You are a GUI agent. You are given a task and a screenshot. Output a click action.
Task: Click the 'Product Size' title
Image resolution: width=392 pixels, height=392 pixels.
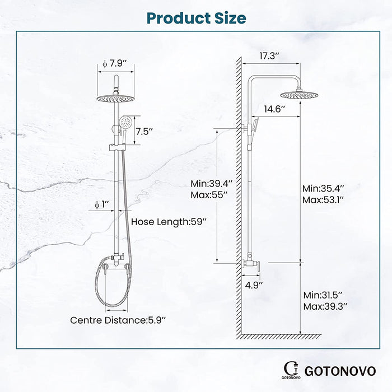point(196,17)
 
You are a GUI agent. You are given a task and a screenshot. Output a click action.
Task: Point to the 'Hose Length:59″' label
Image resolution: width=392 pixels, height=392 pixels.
point(169,222)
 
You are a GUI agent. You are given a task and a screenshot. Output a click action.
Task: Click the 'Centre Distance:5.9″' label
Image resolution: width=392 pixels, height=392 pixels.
point(118,320)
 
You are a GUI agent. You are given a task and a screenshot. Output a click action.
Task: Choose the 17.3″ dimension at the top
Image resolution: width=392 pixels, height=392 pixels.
point(270,57)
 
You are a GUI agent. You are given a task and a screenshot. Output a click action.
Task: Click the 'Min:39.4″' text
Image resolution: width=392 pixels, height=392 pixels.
point(208,184)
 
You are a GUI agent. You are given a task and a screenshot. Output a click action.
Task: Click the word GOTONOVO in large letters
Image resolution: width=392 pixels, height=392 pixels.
point(340,370)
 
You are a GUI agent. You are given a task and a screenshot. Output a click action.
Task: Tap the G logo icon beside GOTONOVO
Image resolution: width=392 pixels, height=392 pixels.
point(290,368)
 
